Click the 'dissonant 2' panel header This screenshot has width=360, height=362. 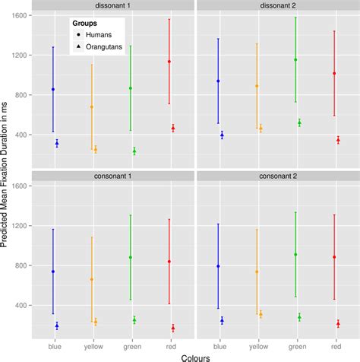(275, 6)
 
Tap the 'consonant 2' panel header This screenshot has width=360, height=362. (275, 176)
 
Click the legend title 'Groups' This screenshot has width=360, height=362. (84, 24)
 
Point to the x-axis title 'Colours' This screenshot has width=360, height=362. (193, 355)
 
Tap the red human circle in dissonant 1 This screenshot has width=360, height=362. (169, 62)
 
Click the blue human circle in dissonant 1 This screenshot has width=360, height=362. (53, 89)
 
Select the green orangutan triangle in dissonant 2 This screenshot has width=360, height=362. (299, 122)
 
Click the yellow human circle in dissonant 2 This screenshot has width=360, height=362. (257, 86)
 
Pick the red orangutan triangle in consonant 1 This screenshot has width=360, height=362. (173, 329)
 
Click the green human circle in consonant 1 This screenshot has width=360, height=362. (131, 257)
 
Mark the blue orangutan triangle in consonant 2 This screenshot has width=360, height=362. (222, 321)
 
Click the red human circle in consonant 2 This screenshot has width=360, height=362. (334, 257)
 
